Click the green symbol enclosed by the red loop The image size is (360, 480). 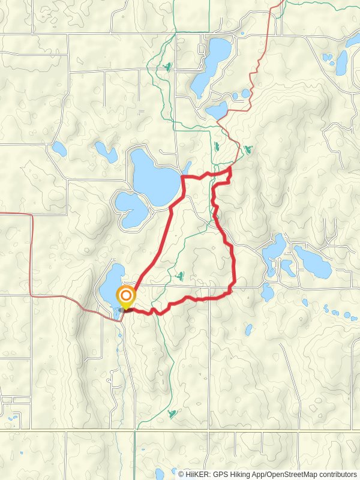click(x=180, y=275)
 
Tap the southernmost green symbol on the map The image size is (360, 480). click(x=173, y=413)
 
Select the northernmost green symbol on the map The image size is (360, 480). click(x=168, y=66)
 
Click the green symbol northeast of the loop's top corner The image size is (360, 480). click(x=248, y=149)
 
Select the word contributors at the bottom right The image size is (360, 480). click(x=337, y=474)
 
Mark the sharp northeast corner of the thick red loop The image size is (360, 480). click(x=232, y=170)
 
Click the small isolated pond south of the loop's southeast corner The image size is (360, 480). click(x=248, y=329)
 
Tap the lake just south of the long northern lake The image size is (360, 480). click(x=217, y=110)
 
